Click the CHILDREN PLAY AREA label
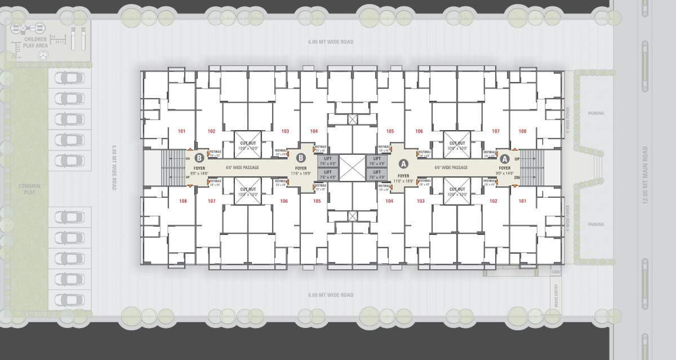point(34,42)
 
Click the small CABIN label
point(555,272)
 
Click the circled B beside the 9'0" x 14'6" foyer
point(199,158)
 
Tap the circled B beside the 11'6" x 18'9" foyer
point(301,158)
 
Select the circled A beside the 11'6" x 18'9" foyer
point(403,164)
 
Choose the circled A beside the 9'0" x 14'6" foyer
point(505,159)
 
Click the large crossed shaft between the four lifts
point(352,167)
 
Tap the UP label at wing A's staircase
point(517,159)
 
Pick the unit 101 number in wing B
point(181,131)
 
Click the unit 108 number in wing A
point(523,131)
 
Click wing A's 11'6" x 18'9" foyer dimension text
point(403,181)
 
